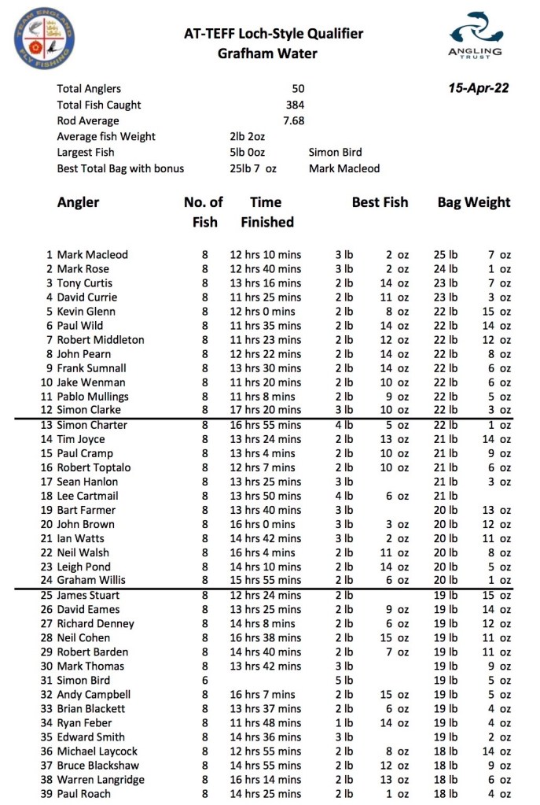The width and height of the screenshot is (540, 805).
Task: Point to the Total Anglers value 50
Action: coord(297,89)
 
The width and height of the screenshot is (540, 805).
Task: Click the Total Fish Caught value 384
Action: coord(295,105)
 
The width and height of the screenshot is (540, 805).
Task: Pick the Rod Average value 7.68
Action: coord(292,120)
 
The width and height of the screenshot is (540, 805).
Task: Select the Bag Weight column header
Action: coord(473,202)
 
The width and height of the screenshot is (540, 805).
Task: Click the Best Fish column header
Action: coord(380,202)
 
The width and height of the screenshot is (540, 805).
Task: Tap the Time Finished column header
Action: coord(266,212)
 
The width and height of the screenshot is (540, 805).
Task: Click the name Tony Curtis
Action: coord(84,283)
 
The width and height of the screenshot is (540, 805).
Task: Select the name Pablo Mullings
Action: coord(92,397)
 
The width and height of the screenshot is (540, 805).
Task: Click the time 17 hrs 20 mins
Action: coord(265,409)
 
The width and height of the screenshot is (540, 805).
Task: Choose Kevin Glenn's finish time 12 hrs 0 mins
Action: coord(263,312)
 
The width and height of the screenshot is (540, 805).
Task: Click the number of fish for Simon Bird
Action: coord(205,681)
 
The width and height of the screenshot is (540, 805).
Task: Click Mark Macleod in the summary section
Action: coord(343,168)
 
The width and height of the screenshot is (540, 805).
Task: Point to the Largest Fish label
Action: coord(86,152)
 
